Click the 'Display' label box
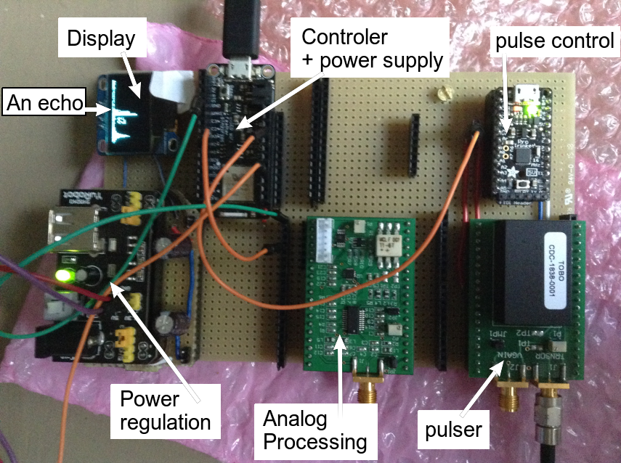(x=102, y=38)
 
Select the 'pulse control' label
(x=554, y=42)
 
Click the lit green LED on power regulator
(x=65, y=276)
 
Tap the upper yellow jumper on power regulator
(x=134, y=204)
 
